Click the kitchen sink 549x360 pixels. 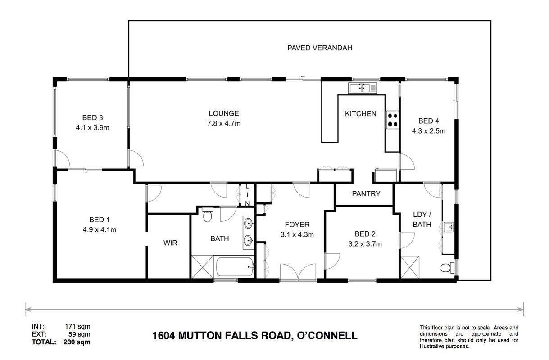pos(363,88)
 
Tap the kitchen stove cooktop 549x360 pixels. pos(392,120)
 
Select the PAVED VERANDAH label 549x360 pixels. pos(320,48)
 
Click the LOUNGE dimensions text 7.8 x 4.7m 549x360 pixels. pos(224,123)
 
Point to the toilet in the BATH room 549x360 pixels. pos(207,215)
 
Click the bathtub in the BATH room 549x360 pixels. pos(234,267)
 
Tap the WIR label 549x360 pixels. pos(170,243)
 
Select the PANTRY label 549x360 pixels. pos(366,193)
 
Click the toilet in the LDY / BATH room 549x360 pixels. pos(447,267)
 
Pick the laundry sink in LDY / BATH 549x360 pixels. pos(449,227)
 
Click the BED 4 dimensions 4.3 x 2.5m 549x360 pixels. pos(428,131)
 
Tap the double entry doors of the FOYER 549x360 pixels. pos(298,272)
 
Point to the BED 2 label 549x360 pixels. pos(365,234)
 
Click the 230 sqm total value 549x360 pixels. pos(77,342)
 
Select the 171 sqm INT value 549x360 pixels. pos(77,326)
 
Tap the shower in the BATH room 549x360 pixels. pos(202,267)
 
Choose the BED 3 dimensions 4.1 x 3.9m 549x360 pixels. pos(92,128)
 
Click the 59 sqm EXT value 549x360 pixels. pos(79,334)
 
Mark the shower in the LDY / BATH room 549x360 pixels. pos(410,267)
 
